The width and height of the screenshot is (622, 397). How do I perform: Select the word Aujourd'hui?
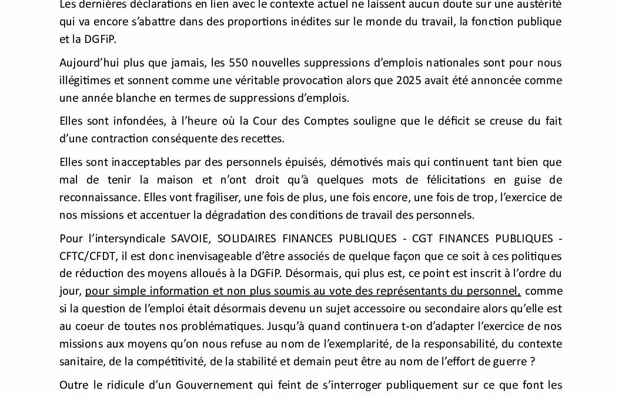pyautogui.click(x=87, y=63)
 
